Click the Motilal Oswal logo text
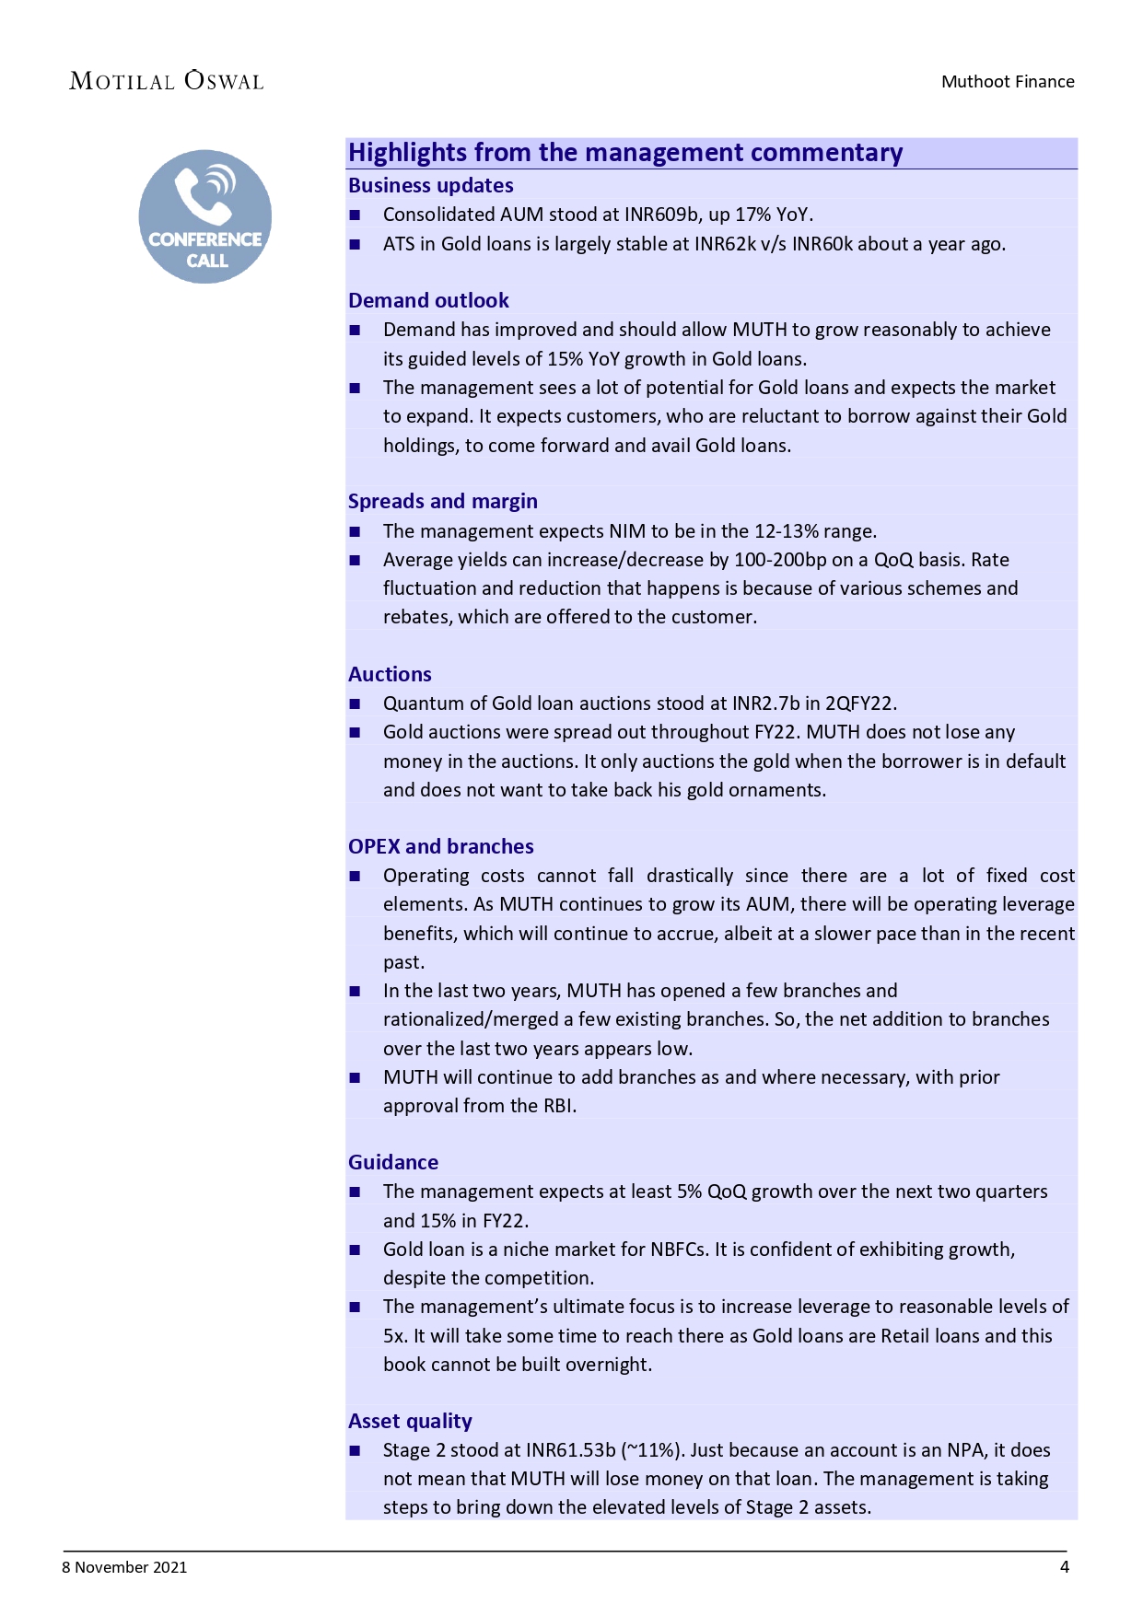pyautogui.click(x=167, y=81)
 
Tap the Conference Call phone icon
pyautogui.click(x=205, y=216)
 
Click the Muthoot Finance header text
pyautogui.click(x=1008, y=81)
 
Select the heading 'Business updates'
pyautogui.click(x=430, y=185)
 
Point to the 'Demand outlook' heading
pyautogui.click(x=428, y=300)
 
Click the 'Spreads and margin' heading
pyautogui.click(x=442, y=501)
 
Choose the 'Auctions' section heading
pyautogui.click(x=390, y=674)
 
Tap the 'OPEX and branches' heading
pyautogui.click(x=440, y=846)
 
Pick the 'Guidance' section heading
pyautogui.click(x=393, y=1162)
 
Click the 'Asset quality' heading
pyautogui.click(x=410, y=1421)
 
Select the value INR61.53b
pyautogui.click(x=570, y=1450)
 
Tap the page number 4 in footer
pyautogui.click(x=1065, y=1567)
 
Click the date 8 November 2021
pyautogui.click(x=124, y=1567)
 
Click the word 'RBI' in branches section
pyautogui.click(x=558, y=1106)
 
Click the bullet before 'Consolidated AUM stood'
pyautogui.click(x=355, y=215)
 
